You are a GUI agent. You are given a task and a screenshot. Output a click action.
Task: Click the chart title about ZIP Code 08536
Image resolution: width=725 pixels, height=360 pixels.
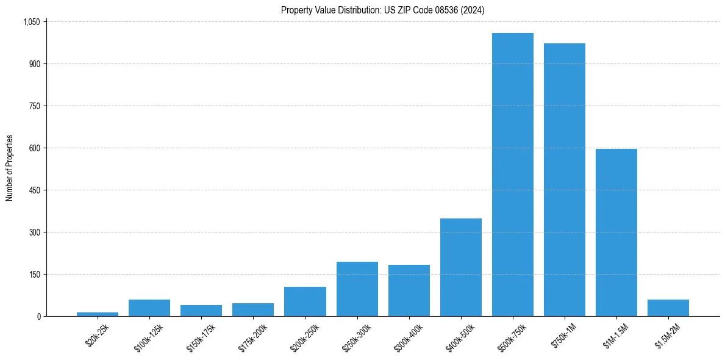point(382,10)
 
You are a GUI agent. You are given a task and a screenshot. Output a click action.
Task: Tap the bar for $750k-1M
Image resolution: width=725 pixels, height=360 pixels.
point(564,180)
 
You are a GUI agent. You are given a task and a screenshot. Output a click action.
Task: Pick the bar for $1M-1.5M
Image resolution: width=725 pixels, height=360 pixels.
point(616,232)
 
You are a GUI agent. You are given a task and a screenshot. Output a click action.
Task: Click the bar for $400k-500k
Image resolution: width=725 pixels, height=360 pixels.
point(460,267)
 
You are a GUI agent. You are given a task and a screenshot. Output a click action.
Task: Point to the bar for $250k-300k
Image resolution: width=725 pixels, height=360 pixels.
point(357,289)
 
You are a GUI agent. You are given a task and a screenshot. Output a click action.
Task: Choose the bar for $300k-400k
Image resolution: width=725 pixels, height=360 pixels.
point(409,290)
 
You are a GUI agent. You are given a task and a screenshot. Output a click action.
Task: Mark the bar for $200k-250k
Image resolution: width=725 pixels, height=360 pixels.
point(305,301)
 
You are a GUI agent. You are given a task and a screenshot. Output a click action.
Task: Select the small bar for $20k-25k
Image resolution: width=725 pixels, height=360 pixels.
point(98,314)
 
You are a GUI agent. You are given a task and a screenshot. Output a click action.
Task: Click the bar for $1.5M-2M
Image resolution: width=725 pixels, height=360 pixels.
point(668,308)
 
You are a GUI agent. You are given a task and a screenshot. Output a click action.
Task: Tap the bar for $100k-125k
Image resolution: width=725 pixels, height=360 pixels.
point(149,308)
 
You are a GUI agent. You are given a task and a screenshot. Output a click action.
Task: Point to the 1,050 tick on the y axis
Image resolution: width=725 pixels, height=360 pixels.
point(31,22)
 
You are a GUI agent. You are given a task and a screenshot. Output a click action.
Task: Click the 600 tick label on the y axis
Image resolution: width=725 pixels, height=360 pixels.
point(34,148)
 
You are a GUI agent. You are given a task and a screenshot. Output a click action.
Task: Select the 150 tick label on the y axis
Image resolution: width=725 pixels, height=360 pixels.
point(34,275)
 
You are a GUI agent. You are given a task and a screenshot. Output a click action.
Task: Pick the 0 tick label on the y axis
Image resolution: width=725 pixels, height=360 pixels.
point(38,317)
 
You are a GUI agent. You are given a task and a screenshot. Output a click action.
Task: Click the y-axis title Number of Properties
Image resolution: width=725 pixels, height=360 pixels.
point(10,168)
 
